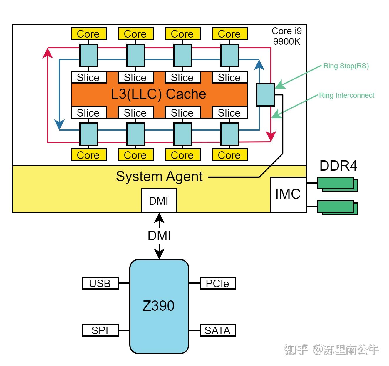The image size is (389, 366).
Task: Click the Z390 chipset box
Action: (159, 306)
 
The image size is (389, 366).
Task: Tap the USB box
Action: (100, 283)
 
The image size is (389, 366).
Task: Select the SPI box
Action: (100, 330)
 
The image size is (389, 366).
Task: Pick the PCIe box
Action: (218, 283)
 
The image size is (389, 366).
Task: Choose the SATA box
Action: (218, 330)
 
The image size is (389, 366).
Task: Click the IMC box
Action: (288, 194)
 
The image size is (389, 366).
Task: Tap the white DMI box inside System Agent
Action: (159, 200)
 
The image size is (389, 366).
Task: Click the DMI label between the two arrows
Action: (159, 236)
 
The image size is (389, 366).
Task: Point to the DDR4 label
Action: (338, 166)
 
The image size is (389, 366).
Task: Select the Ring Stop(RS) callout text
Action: (346, 66)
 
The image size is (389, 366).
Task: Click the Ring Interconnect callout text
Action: (346, 95)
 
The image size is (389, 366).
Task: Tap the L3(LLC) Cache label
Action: (159, 94)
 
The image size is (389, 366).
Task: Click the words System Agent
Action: (159, 177)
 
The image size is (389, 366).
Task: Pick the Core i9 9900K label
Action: (287, 36)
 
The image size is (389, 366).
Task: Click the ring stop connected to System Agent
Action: (266, 95)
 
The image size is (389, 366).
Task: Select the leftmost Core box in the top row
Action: (88, 34)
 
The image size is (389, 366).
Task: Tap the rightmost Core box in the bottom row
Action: (229, 155)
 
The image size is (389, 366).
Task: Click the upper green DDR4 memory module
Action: (338, 184)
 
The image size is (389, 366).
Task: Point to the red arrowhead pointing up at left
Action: (48, 53)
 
